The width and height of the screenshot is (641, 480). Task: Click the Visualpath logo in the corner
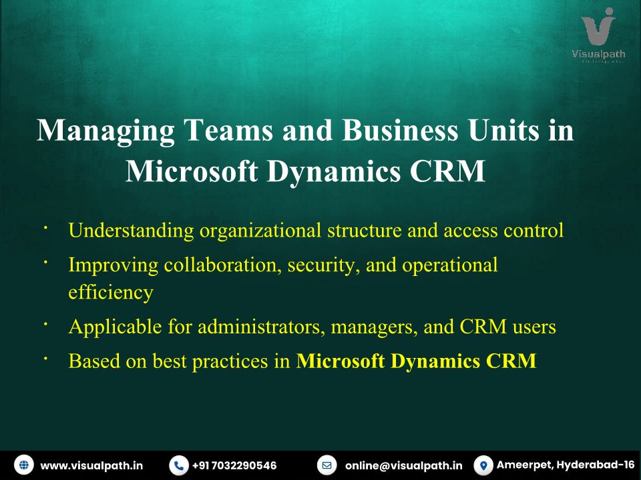coord(598,35)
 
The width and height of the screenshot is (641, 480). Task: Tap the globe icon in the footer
coord(24,465)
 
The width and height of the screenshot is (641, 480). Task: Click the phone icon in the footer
coord(179,465)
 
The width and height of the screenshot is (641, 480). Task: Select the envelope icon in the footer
coord(327,465)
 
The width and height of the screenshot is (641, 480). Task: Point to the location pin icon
coord(483,465)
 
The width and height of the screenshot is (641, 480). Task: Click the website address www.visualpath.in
coord(91,465)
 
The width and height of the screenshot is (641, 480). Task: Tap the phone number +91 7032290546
coord(234,465)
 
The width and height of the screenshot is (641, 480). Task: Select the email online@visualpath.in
coord(404,465)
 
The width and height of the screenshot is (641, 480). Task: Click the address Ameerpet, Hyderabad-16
coord(566,465)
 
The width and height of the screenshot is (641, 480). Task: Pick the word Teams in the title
coord(228,130)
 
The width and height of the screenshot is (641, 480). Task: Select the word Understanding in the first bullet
coord(132,231)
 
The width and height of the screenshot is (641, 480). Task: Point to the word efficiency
coord(111,293)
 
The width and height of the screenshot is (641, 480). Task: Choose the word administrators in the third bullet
coord(261,327)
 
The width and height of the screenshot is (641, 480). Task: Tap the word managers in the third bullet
coord(375,327)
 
